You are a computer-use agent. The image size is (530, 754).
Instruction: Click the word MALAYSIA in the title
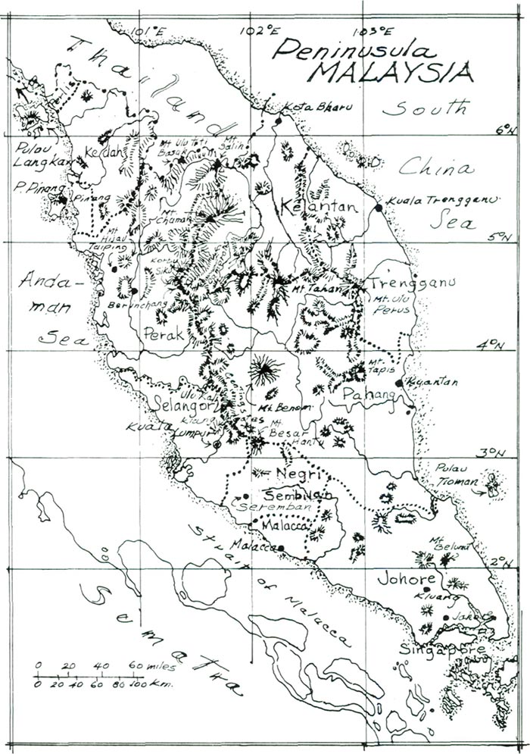(x=393, y=74)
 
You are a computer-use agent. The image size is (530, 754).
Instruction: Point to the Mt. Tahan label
(x=306, y=288)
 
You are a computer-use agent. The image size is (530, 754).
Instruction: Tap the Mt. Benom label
(x=291, y=408)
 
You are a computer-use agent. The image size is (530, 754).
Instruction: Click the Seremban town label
(x=260, y=505)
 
